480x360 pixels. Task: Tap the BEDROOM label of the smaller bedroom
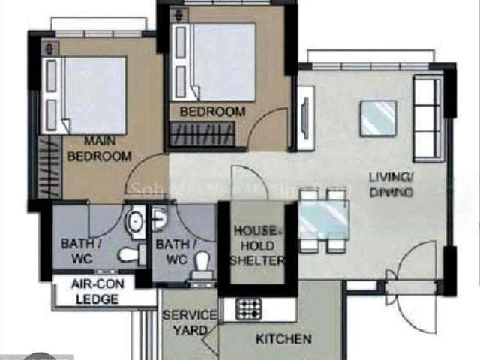(212, 112)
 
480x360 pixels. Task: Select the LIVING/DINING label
(391, 184)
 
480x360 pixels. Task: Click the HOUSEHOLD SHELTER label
(257, 245)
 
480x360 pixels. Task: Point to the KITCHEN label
(283, 339)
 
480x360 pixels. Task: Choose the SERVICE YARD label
(190, 322)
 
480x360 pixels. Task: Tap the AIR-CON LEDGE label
(95, 291)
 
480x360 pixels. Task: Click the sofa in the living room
(428, 118)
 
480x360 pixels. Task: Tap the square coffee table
(377, 118)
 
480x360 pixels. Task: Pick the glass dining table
(325, 218)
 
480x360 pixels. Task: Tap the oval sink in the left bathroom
(136, 223)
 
